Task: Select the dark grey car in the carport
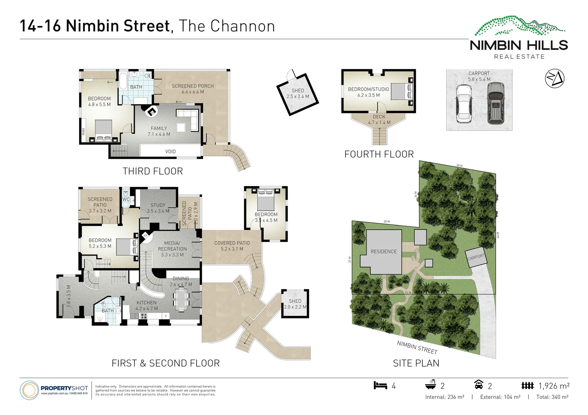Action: pos(495,103)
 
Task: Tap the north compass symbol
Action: pos(554,78)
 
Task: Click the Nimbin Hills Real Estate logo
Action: pos(519,38)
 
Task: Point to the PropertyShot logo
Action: pos(55,390)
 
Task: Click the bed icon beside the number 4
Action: pos(380,385)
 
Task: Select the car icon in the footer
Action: pos(478,385)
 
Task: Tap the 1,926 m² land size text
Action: pos(554,386)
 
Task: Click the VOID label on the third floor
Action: pos(170,151)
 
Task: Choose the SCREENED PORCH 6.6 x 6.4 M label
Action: pos(193,89)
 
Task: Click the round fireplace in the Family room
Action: pos(151,111)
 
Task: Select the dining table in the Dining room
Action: pos(180,299)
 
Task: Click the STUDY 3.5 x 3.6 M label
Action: pos(158,208)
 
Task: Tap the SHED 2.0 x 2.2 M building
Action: pos(295,304)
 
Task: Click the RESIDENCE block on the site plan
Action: pos(383,252)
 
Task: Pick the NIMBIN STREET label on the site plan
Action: pos(417,347)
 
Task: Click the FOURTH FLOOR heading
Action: pos(379,154)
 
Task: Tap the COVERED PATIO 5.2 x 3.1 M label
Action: pos(232,246)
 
